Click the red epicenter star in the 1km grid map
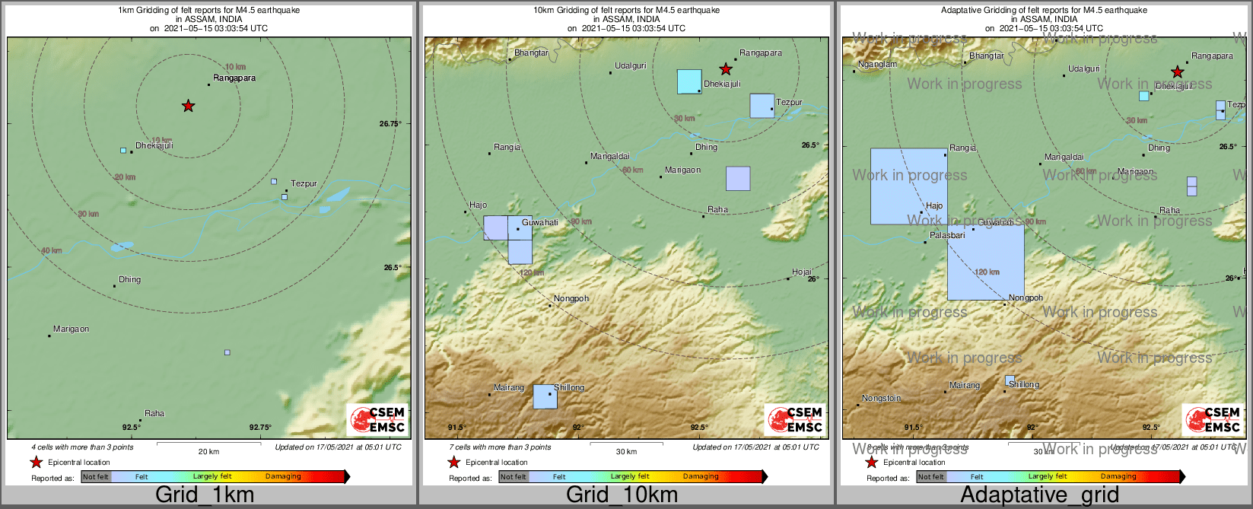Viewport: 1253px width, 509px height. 188,106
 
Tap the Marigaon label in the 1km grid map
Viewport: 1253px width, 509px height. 71,329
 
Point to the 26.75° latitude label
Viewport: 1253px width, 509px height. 390,123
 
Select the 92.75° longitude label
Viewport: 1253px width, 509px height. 260,428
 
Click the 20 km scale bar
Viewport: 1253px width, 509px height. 208,444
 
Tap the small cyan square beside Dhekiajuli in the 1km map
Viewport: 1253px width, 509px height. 123,151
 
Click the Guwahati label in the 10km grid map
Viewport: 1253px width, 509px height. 539,223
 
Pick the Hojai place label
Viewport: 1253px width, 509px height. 802,272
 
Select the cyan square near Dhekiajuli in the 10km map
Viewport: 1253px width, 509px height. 689,81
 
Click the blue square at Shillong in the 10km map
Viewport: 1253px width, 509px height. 545,396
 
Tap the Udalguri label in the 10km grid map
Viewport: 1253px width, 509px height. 630,66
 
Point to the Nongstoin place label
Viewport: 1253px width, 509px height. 881,399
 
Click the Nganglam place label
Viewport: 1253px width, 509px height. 877,65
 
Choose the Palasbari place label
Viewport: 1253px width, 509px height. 947,236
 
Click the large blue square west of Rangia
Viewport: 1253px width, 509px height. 908,186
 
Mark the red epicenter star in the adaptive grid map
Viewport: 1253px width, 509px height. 1177,72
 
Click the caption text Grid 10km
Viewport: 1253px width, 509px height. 622,495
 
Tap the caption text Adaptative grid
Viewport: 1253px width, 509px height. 1039,495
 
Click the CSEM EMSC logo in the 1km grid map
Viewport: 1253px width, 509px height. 377,419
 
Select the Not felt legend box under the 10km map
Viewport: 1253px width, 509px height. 514,477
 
